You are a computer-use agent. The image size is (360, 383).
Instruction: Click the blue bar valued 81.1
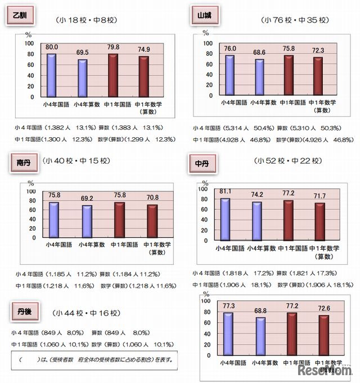pyautogui.click(x=225, y=219)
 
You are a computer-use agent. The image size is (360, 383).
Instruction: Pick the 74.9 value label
pyautogui.click(x=145, y=49)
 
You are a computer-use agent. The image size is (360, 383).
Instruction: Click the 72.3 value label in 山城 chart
pyautogui.click(x=318, y=51)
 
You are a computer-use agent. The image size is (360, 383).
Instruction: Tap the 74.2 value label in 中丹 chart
pyautogui.click(x=256, y=195)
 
